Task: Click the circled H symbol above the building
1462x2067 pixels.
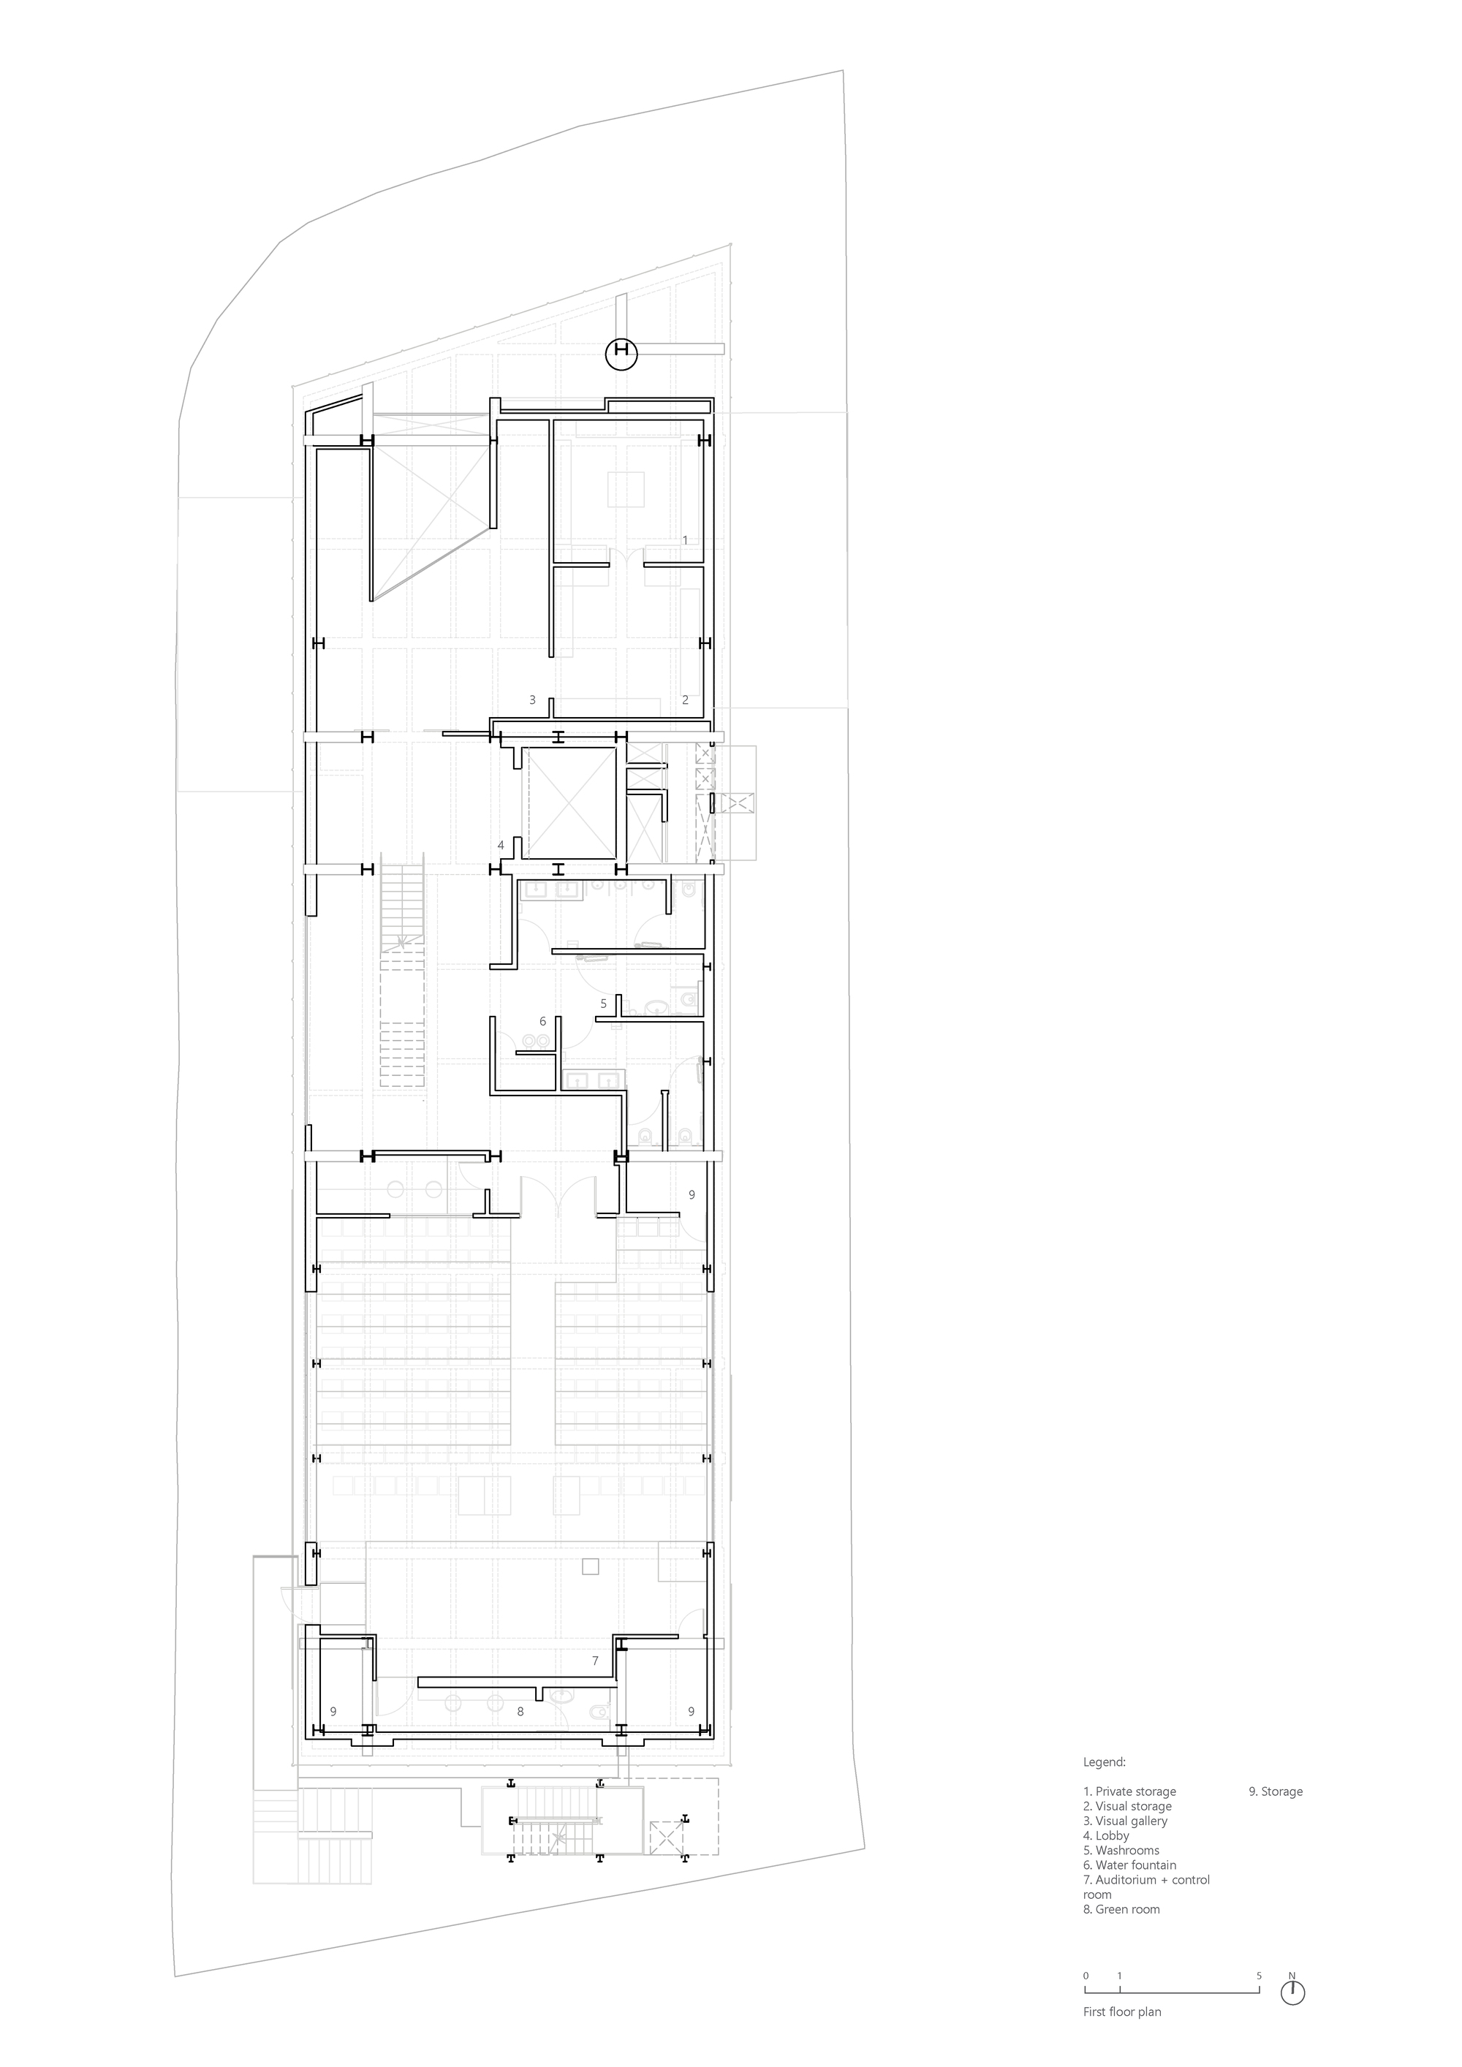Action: (x=621, y=354)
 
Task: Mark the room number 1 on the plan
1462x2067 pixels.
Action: (x=685, y=540)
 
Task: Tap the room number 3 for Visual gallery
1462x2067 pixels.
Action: (x=532, y=699)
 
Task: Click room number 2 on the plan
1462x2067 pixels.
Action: (x=685, y=699)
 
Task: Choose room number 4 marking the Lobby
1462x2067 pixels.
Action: (x=501, y=846)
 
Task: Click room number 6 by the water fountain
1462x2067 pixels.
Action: (x=542, y=1022)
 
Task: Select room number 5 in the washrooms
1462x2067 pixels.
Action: (x=603, y=1003)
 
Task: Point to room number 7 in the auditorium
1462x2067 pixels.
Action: (x=595, y=1661)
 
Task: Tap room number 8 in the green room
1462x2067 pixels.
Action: (x=520, y=1711)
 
